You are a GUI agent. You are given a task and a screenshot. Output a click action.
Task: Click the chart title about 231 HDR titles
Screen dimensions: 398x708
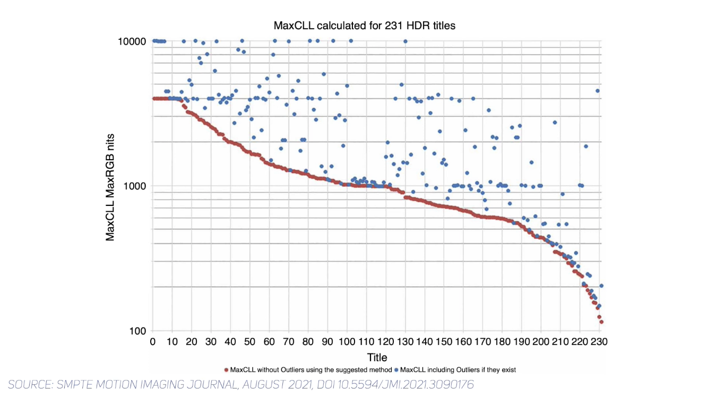pos(364,25)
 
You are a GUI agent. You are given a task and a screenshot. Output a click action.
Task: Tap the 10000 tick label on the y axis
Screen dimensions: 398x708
pos(132,41)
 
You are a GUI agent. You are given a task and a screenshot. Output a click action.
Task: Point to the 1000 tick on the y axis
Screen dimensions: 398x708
pos(135,186)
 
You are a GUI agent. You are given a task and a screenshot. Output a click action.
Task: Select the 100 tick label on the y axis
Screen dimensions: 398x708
pos(137,331)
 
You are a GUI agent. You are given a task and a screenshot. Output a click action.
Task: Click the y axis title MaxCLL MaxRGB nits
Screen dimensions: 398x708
pos(110,186)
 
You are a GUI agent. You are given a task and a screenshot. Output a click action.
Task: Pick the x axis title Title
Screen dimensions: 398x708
pos(377,357)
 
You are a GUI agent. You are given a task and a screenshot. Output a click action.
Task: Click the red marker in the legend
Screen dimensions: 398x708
pos(226,370)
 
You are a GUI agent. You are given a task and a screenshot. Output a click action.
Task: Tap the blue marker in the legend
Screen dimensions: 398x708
pos(396,370)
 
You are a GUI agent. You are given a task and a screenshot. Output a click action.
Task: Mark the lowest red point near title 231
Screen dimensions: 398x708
pos(601,322)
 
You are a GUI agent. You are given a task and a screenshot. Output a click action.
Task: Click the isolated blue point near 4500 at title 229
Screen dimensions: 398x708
pos(598,91)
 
